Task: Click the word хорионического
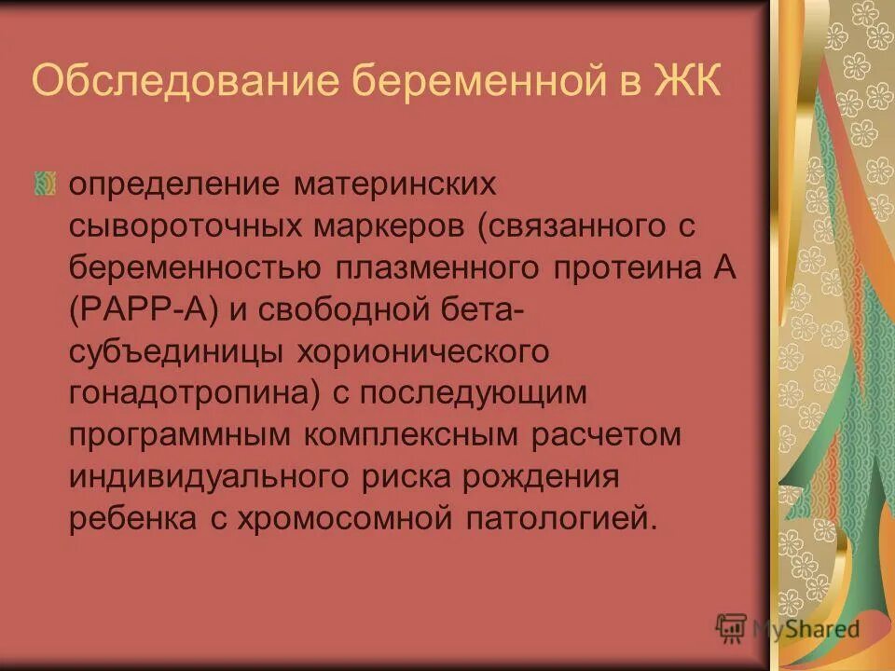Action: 420,352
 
